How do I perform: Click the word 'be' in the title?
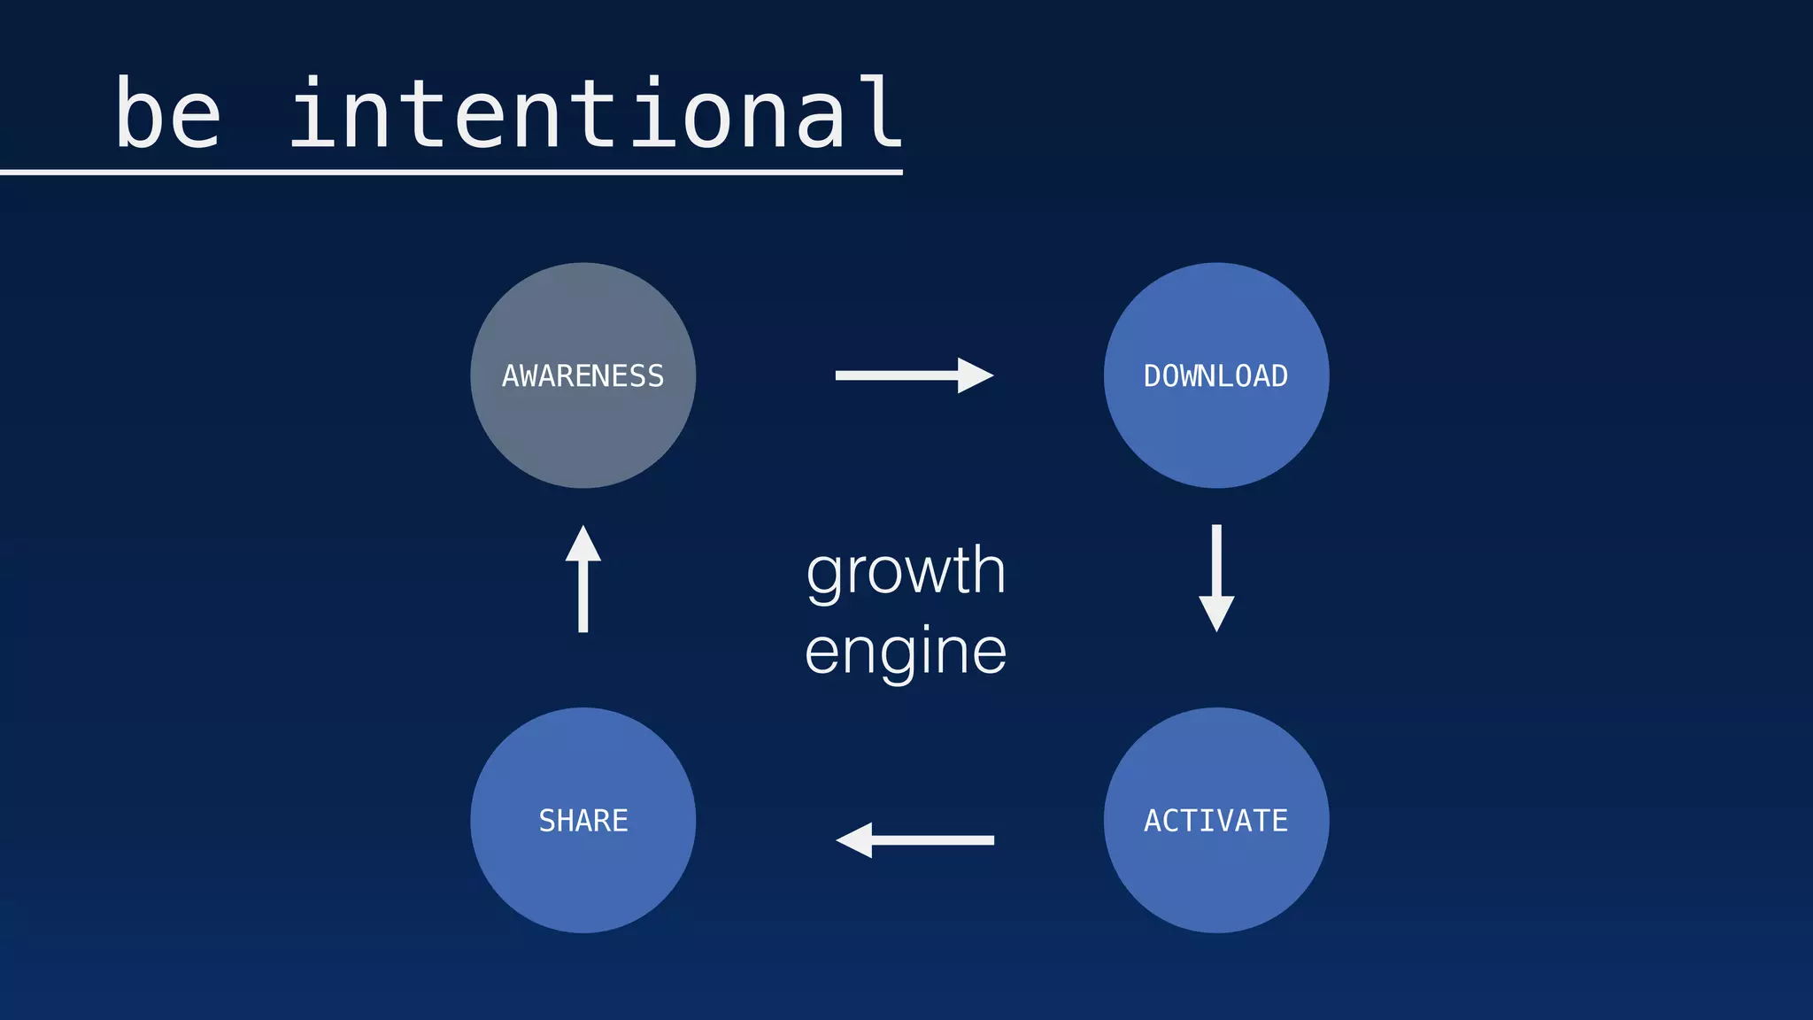pos(167,113)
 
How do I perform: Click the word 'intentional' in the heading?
pos(595,113)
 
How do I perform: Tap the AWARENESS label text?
pos(582,376)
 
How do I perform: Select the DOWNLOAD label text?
pos(1215,376)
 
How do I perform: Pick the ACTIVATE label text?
pos(1215,821)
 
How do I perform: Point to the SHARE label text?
pos(582,821)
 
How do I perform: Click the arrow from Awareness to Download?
pos(914,375)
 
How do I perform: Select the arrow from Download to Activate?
pos(1216,577)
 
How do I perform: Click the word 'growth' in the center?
pos(906,571)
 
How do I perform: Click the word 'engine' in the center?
pos(906,652)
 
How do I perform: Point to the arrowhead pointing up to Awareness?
pos(583,544)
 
